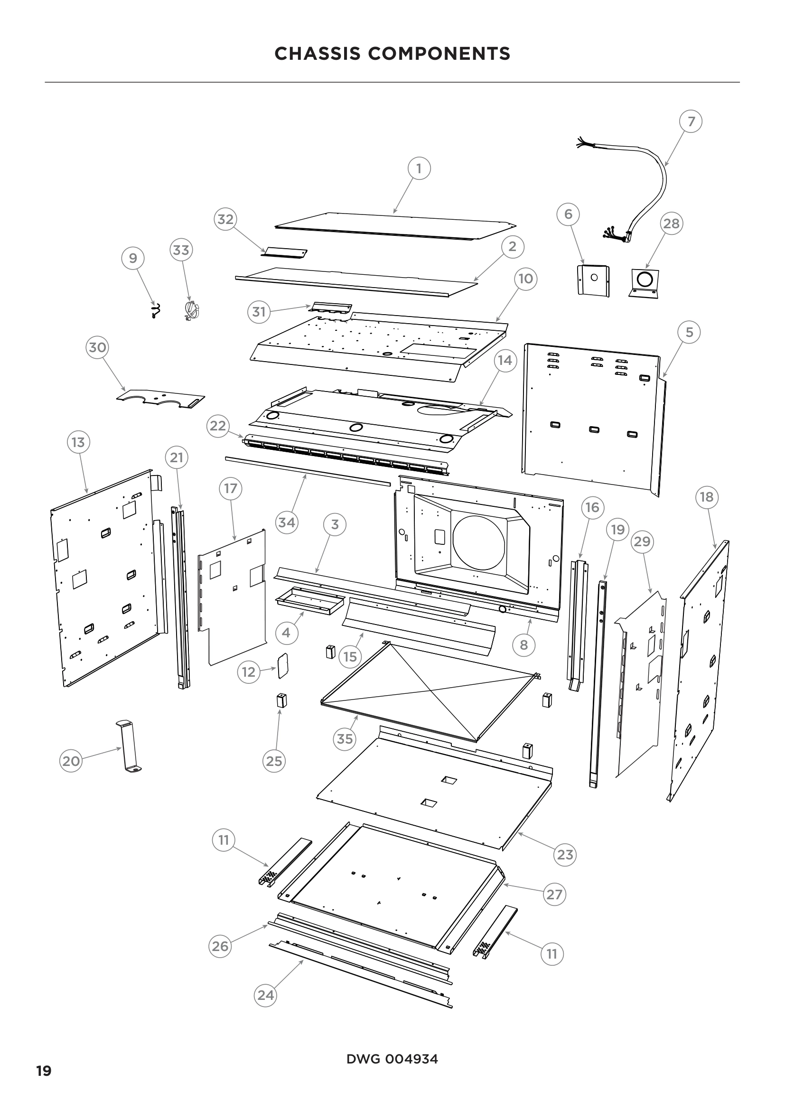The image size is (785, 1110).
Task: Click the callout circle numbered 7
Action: click(x=691, y=121)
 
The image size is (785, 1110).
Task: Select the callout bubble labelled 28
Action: click(x=671, y=224)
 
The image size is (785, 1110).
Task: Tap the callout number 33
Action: click(x=181, y=250)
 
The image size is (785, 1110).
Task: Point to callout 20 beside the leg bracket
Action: click(x=71, y=761)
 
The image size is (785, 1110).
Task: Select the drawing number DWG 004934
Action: click(x=392, y=1059)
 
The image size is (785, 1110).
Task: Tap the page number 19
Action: click(x=44, y=1071)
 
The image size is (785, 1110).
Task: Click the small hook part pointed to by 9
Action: click(x=155, y=310)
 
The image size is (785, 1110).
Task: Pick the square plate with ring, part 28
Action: click(x=645, y=282)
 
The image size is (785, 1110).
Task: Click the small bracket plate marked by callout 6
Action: click(x=594, y=280)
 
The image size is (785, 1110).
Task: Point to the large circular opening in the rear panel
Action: click(x=479, y=542)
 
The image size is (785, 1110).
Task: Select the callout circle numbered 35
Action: click(x=345, y=739)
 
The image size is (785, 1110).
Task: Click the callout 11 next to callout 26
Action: click(x=224, y=840)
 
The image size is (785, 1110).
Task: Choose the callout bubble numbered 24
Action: click(x=265, y=995)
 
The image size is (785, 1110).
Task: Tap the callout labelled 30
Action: click(x=97, y=347)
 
